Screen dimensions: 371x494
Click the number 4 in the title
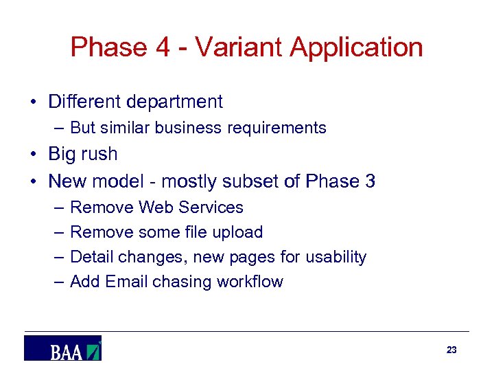tap(165, 47)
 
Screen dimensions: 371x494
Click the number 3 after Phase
tap(370, 181)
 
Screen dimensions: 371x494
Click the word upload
tap(239, 233)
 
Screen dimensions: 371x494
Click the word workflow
tap(250, 282)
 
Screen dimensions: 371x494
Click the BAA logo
tap(62, 348)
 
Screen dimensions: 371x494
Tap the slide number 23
tap(451, 350)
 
